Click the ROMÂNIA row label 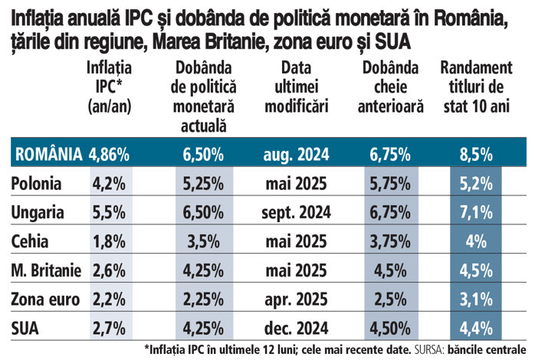pos(48,155)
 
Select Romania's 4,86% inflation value pos(110,155)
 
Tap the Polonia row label pos(38,185)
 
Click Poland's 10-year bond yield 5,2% pos(476,185)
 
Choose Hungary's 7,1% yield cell pos(476,212)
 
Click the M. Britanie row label pos(46,270)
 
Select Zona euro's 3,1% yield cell pos(476,297)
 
